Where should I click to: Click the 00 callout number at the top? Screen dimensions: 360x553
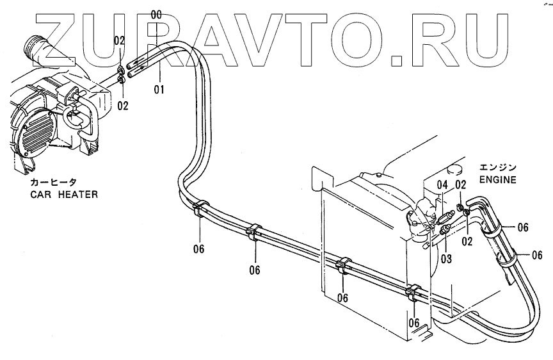click(x=156, y=13)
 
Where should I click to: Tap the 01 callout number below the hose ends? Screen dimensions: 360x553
click(x=159, y=90)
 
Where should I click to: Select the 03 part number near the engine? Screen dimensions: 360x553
click(x=446, y=259)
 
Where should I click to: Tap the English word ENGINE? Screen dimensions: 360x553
click(x=497, y=180)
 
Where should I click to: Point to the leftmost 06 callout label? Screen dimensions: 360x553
click(x=198, y=249)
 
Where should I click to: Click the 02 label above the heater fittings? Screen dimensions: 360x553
click(x=119, y=40)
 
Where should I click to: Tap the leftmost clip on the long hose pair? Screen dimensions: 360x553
click(x=199, y=209)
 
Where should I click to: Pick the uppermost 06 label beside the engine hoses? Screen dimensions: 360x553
click(x=522, y=227)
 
